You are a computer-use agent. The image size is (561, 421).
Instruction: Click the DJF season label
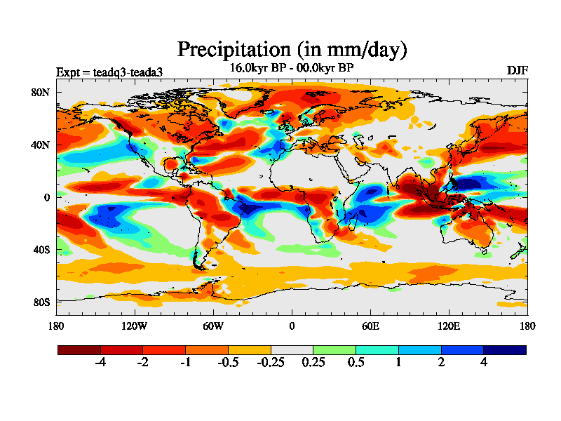click(517, 70)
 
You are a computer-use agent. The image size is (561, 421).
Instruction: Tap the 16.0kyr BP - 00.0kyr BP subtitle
click(292, 67)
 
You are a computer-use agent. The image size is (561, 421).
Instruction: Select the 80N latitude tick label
click(40, 92)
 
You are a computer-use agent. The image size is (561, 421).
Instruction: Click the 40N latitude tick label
click(40, 145)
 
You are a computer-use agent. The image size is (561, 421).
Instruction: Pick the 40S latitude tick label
click(41, 250)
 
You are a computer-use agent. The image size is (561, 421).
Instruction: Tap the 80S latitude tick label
click(41, 302)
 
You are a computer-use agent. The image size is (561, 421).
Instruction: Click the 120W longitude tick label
click(134, 326)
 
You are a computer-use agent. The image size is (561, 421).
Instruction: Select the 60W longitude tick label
click(213, 326)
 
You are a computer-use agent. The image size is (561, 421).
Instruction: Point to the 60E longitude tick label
click(370, 326)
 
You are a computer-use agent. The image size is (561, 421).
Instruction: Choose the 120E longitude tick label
click(449, 326)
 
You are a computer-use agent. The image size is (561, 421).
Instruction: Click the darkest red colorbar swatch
click(79, 349)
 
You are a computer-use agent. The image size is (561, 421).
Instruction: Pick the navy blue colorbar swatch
click(504, 349)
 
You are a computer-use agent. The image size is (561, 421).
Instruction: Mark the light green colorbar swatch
click(334, 349)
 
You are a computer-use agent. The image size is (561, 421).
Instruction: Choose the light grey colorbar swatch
click(292, 349)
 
